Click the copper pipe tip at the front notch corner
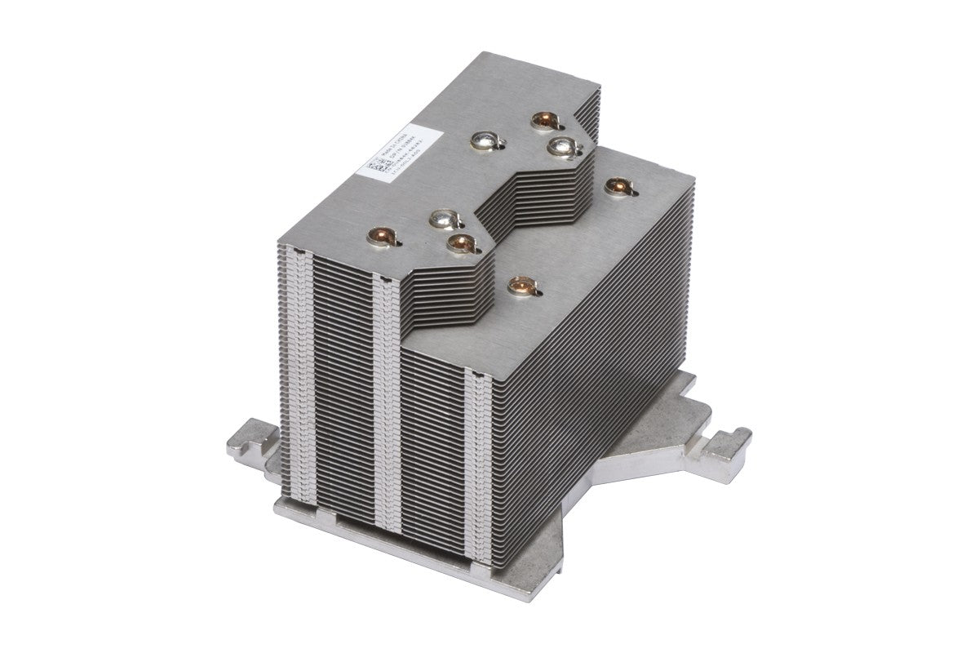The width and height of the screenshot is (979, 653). (x=460, y=242)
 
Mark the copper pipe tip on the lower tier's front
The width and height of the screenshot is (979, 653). (x=518, y=286)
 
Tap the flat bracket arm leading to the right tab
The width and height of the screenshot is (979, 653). (x=653, y=457)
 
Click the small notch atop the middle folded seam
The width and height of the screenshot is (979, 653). (x=383, y=280)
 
